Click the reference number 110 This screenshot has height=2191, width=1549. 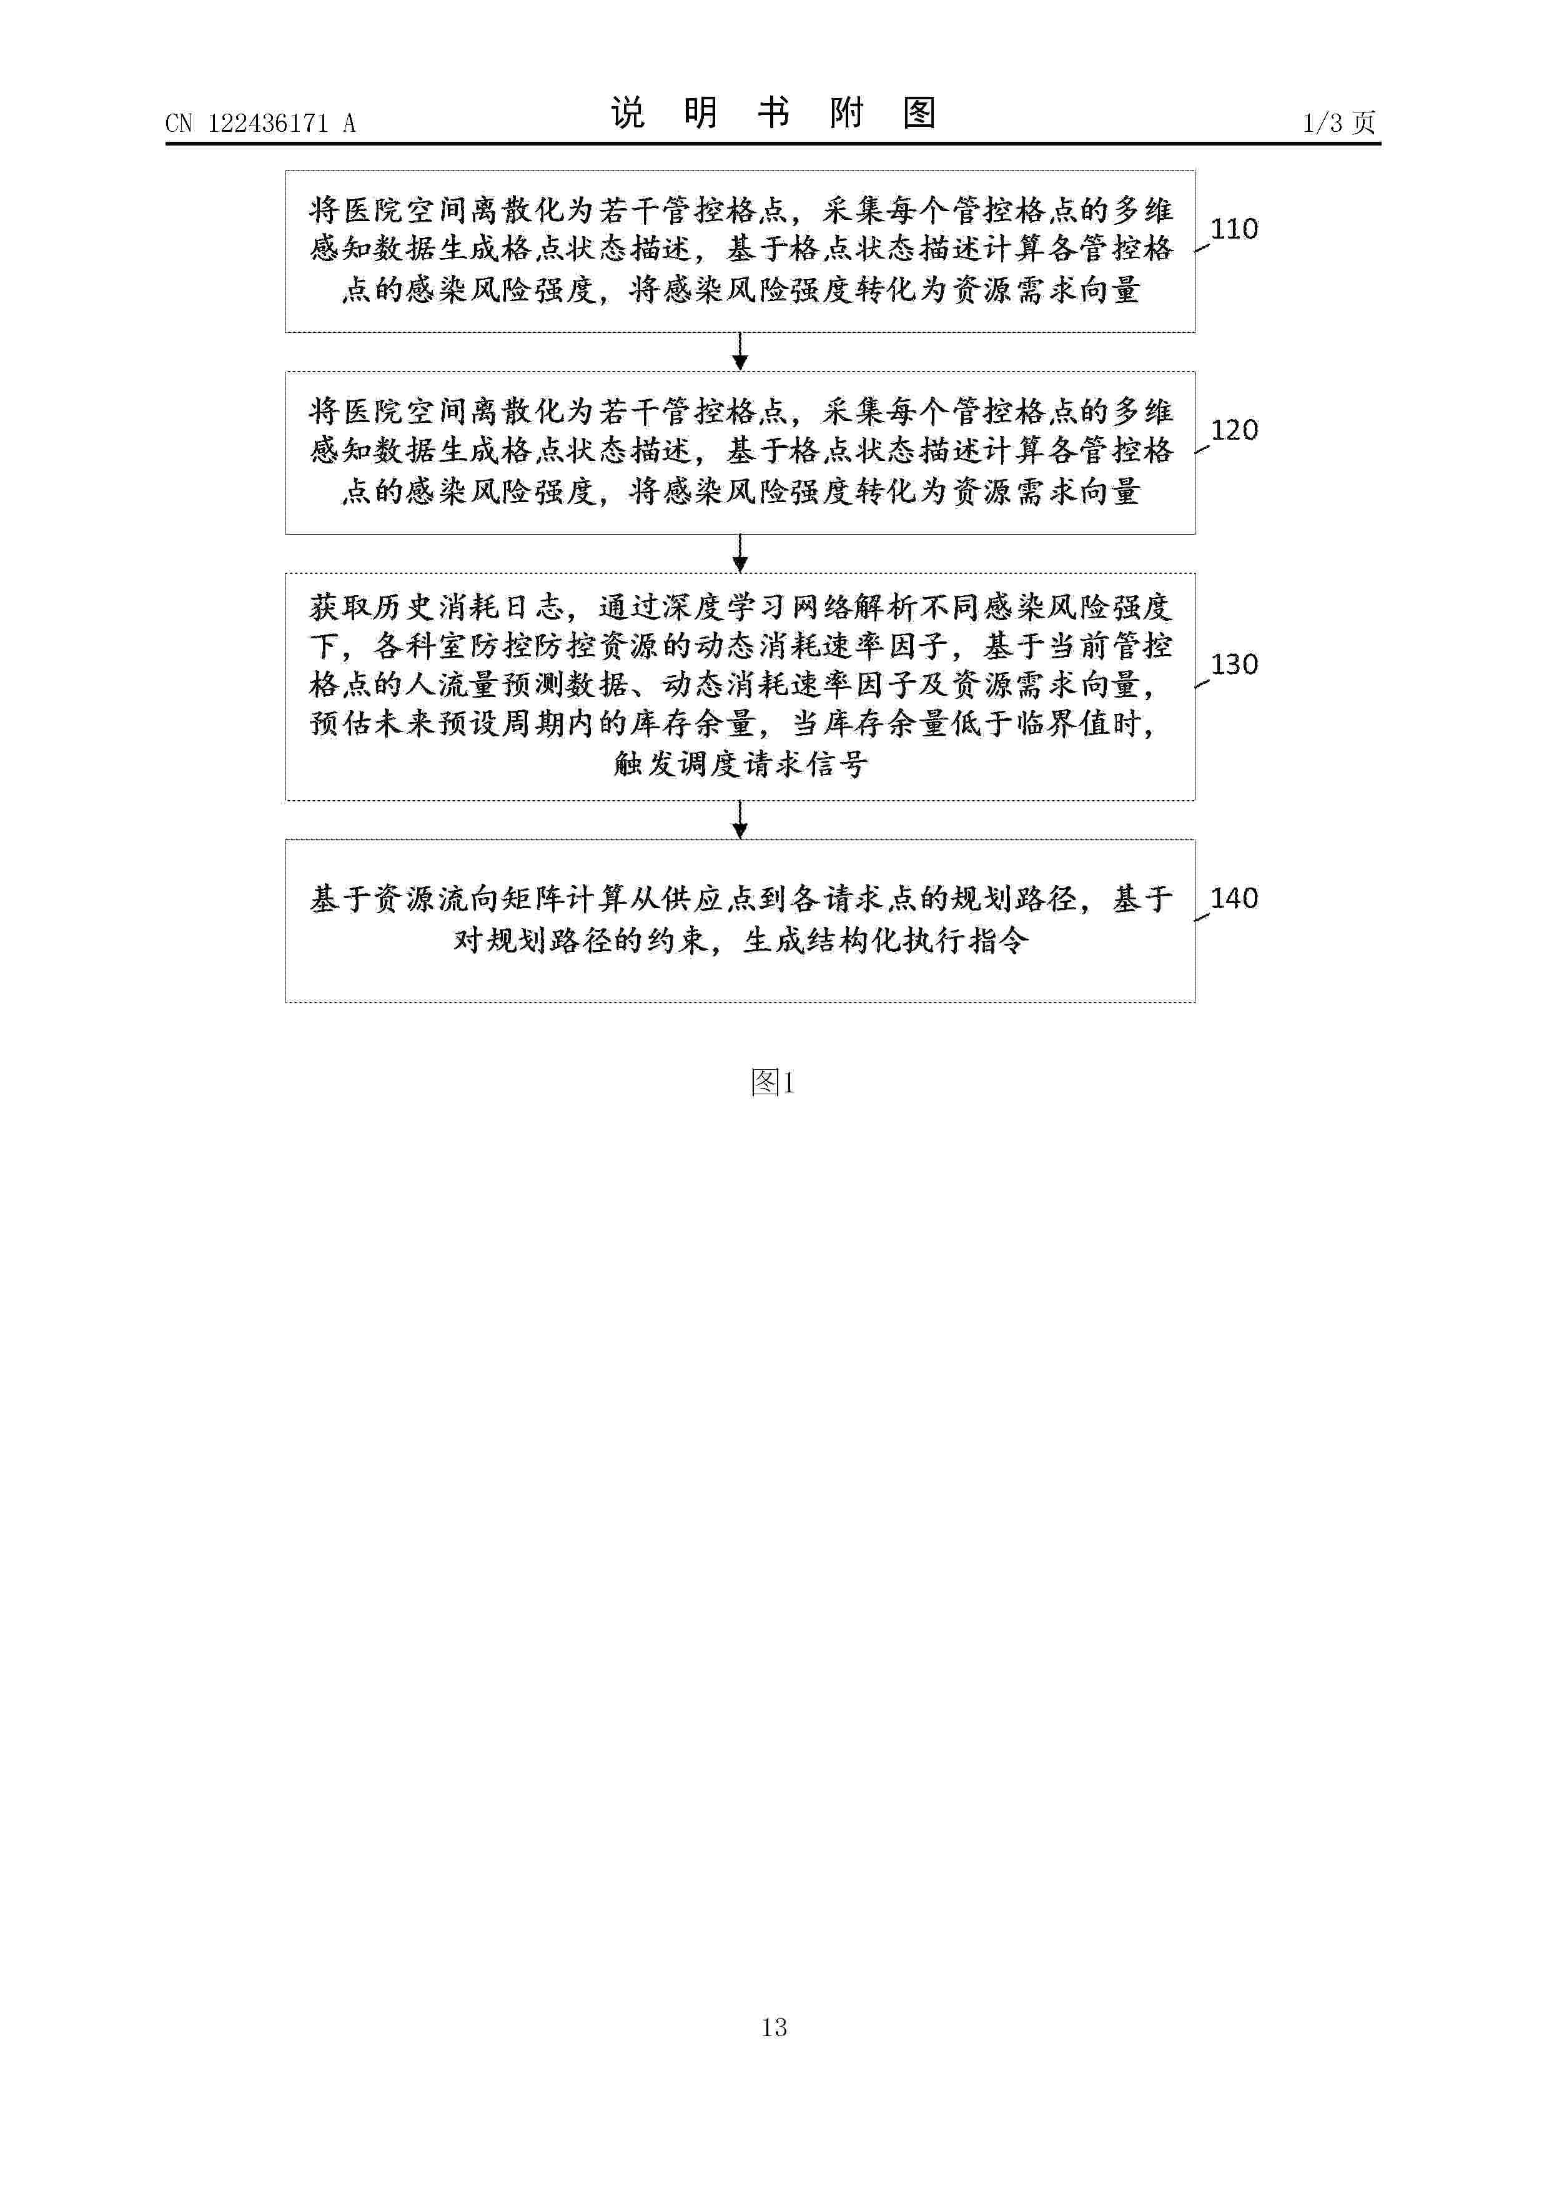point(1234,229)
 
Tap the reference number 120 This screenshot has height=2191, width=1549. point(1234,430)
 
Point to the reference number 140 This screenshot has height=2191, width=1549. point(1234,898)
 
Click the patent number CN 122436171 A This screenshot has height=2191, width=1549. point(260,123)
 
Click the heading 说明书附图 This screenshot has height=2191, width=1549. point(773,114)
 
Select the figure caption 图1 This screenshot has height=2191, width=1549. point(773,1082)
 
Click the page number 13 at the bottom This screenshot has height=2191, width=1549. point(774,2026)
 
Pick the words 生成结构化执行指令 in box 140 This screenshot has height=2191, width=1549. point(887,941)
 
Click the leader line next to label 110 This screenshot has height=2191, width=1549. point(1202,245)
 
